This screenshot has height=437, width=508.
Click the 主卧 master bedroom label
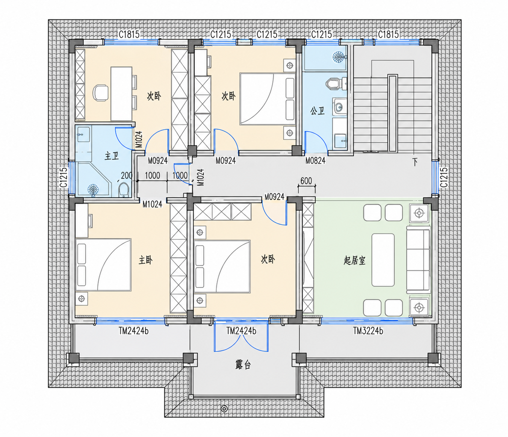pyautogui.click(x=145, y=260)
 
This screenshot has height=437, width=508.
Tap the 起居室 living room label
pyautogui.click(x=354, y=260)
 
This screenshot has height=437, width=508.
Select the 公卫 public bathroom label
pyautogui.click(x=317, y=111)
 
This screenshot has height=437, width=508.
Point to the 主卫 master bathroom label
pyautogui.click(x=112, y=156)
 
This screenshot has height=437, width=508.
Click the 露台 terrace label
pyautogui.click(x=243, y=365)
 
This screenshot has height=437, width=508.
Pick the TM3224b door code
pyautogui.click(x=368, y=331)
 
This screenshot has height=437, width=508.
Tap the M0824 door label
pyautogui.click(x=315, y=161)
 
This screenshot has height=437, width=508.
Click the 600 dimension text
pyautogui.click(x=306, y=181)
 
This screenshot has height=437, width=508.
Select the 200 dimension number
pyautogui.click(x=127, y=175)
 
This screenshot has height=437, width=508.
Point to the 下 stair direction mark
pyautogui.click(x=415, y=162)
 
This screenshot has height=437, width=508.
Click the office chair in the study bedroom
pyautogui.click(x=101, y=93)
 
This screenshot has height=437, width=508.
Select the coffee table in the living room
pyautogui.click(x=383, y=260)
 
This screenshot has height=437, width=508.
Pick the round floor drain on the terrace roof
pyautogui.click(x=224, y=409)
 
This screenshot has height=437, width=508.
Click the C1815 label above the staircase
pyautogui.click(x=388, y=35)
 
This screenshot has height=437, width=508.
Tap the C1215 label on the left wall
pyautogui.click(x=63, y=177)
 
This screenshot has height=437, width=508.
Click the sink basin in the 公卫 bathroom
pyautogui.click(x=339, y=107)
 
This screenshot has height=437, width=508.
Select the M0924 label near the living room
pyautogui.click(x=274, y=197)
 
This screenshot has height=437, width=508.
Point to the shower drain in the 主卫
pyautogui.click(x=93, y=190)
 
